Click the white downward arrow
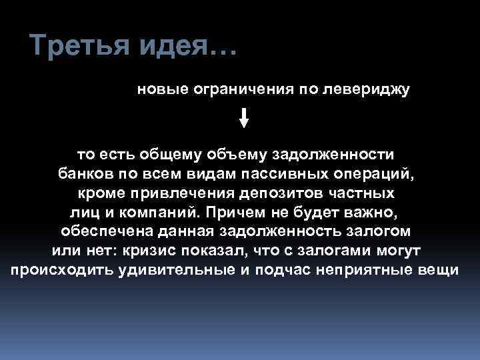point(244,118)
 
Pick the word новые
point(161,89)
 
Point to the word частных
point(363,193)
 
